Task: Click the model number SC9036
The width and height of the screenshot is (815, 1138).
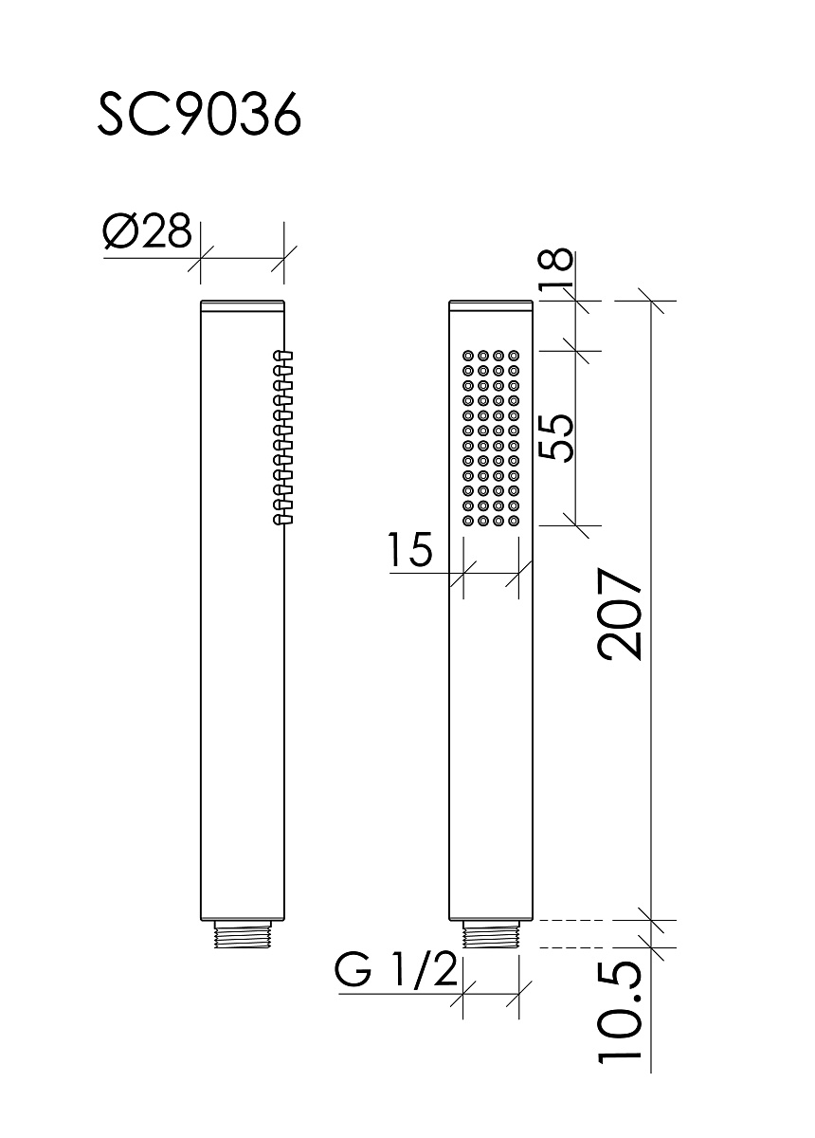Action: (199, 116)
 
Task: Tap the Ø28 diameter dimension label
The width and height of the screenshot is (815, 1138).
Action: (147, 231)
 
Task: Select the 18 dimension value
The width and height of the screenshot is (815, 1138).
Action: (556, 267)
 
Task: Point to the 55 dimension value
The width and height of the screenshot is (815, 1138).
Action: (556, 437)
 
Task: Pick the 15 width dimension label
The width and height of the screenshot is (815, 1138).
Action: (409, 550)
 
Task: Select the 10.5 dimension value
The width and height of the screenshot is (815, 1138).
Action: (621, 1059)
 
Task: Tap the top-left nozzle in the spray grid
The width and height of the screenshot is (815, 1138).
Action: (467, 355)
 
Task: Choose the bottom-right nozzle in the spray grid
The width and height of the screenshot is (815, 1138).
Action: (514, 521)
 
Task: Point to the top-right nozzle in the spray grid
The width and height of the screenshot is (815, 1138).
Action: (514, 355)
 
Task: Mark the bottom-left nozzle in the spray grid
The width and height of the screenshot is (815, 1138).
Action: (467, 521)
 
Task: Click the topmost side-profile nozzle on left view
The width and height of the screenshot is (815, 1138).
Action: (283, 355)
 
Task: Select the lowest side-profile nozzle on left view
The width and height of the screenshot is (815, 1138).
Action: (283, 520)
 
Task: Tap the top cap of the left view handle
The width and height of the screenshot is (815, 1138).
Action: (243, 304)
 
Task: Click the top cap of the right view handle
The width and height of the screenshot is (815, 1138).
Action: (491, 304)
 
